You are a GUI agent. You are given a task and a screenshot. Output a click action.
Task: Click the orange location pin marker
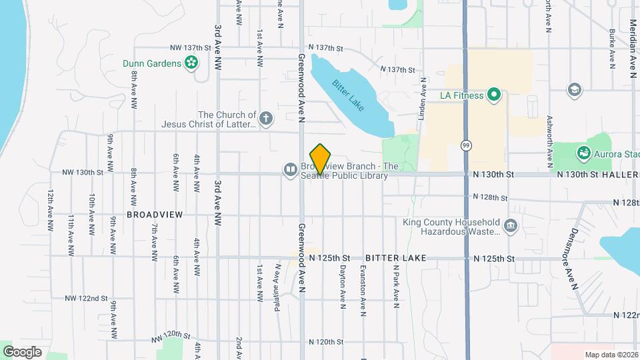[321, 159]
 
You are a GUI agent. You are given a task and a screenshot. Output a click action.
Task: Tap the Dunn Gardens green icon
[192, 63]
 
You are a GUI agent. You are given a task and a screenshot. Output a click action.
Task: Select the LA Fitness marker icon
[494, 95]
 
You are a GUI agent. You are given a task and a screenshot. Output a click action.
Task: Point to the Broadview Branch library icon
[291, 170]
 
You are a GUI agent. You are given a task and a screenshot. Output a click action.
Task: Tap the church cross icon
[265, 119]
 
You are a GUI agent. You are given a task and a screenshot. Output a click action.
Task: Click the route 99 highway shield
[465, 145]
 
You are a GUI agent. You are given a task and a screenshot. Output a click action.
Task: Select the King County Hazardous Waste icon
[511, 227]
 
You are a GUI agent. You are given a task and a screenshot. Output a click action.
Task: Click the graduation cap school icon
[573, 89]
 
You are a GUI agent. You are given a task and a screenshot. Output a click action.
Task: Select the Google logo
[22, 351]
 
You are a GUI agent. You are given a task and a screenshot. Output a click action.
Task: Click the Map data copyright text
[611, 354]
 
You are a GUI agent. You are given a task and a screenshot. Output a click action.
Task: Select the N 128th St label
[490, 197]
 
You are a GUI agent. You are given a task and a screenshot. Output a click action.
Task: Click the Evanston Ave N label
[363, 287]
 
